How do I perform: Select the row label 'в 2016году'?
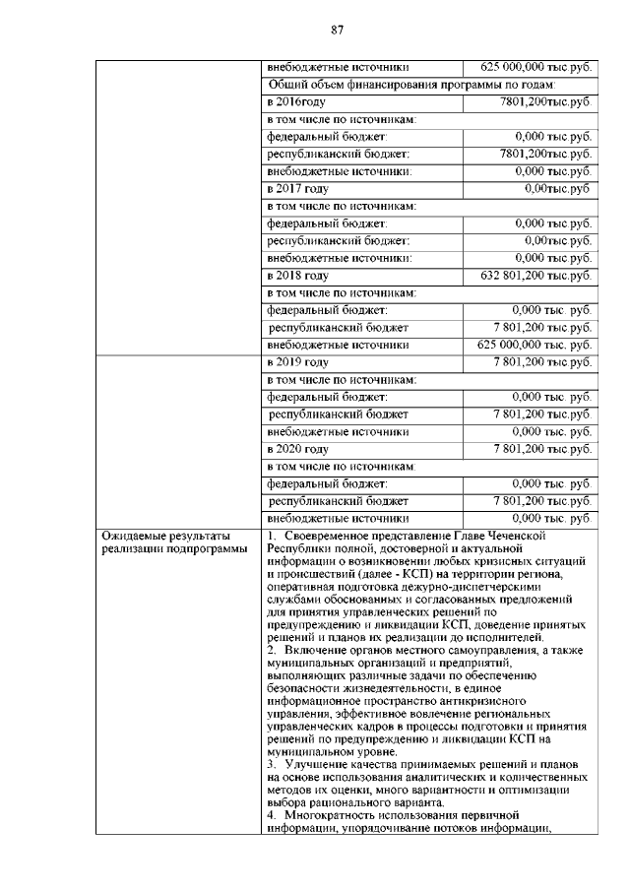(296, 101)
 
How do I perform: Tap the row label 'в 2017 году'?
(297, 188)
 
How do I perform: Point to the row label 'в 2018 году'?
(297, 275)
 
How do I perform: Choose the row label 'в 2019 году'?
(297, 362)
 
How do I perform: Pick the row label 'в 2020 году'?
(297, 448)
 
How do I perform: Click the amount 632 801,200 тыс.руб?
(535, 275)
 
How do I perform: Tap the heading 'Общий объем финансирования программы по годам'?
(425, 85)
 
